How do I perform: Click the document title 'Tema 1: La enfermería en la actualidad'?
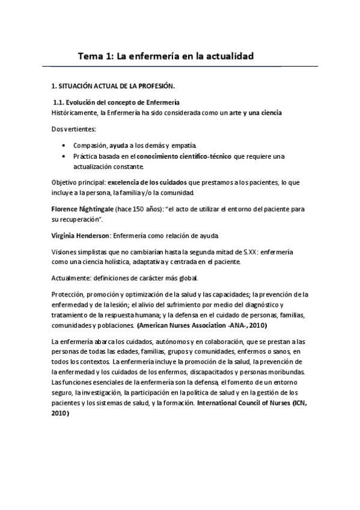(x=165, y=56)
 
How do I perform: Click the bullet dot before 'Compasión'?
(x=64, y=146)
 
